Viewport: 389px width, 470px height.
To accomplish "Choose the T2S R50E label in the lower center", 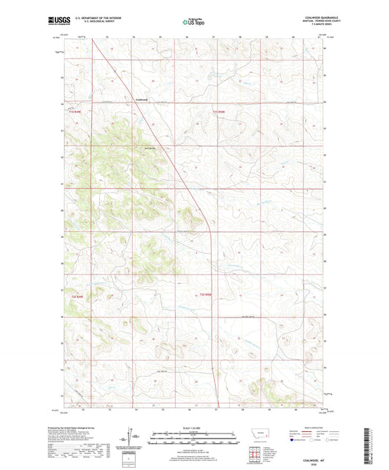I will click(209, 295).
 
